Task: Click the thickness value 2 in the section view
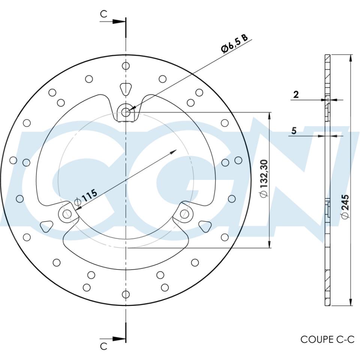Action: tap(296, 94)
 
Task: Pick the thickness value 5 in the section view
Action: tap(294, 131)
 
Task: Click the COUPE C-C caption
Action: tap(327, 339)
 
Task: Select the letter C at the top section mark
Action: tap(103, 14)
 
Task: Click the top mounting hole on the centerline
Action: tap(126, 111)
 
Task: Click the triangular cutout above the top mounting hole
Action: tap(126, 89)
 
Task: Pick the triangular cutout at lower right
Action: tap(205, 226)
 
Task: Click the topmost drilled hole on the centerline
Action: tap(126, 66)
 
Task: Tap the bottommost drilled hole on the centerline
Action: tap(126, 294)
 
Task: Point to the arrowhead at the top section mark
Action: tap(119, 21)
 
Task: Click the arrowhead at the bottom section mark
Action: tap(119, 339)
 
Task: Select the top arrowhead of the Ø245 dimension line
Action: tap(350, 58)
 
